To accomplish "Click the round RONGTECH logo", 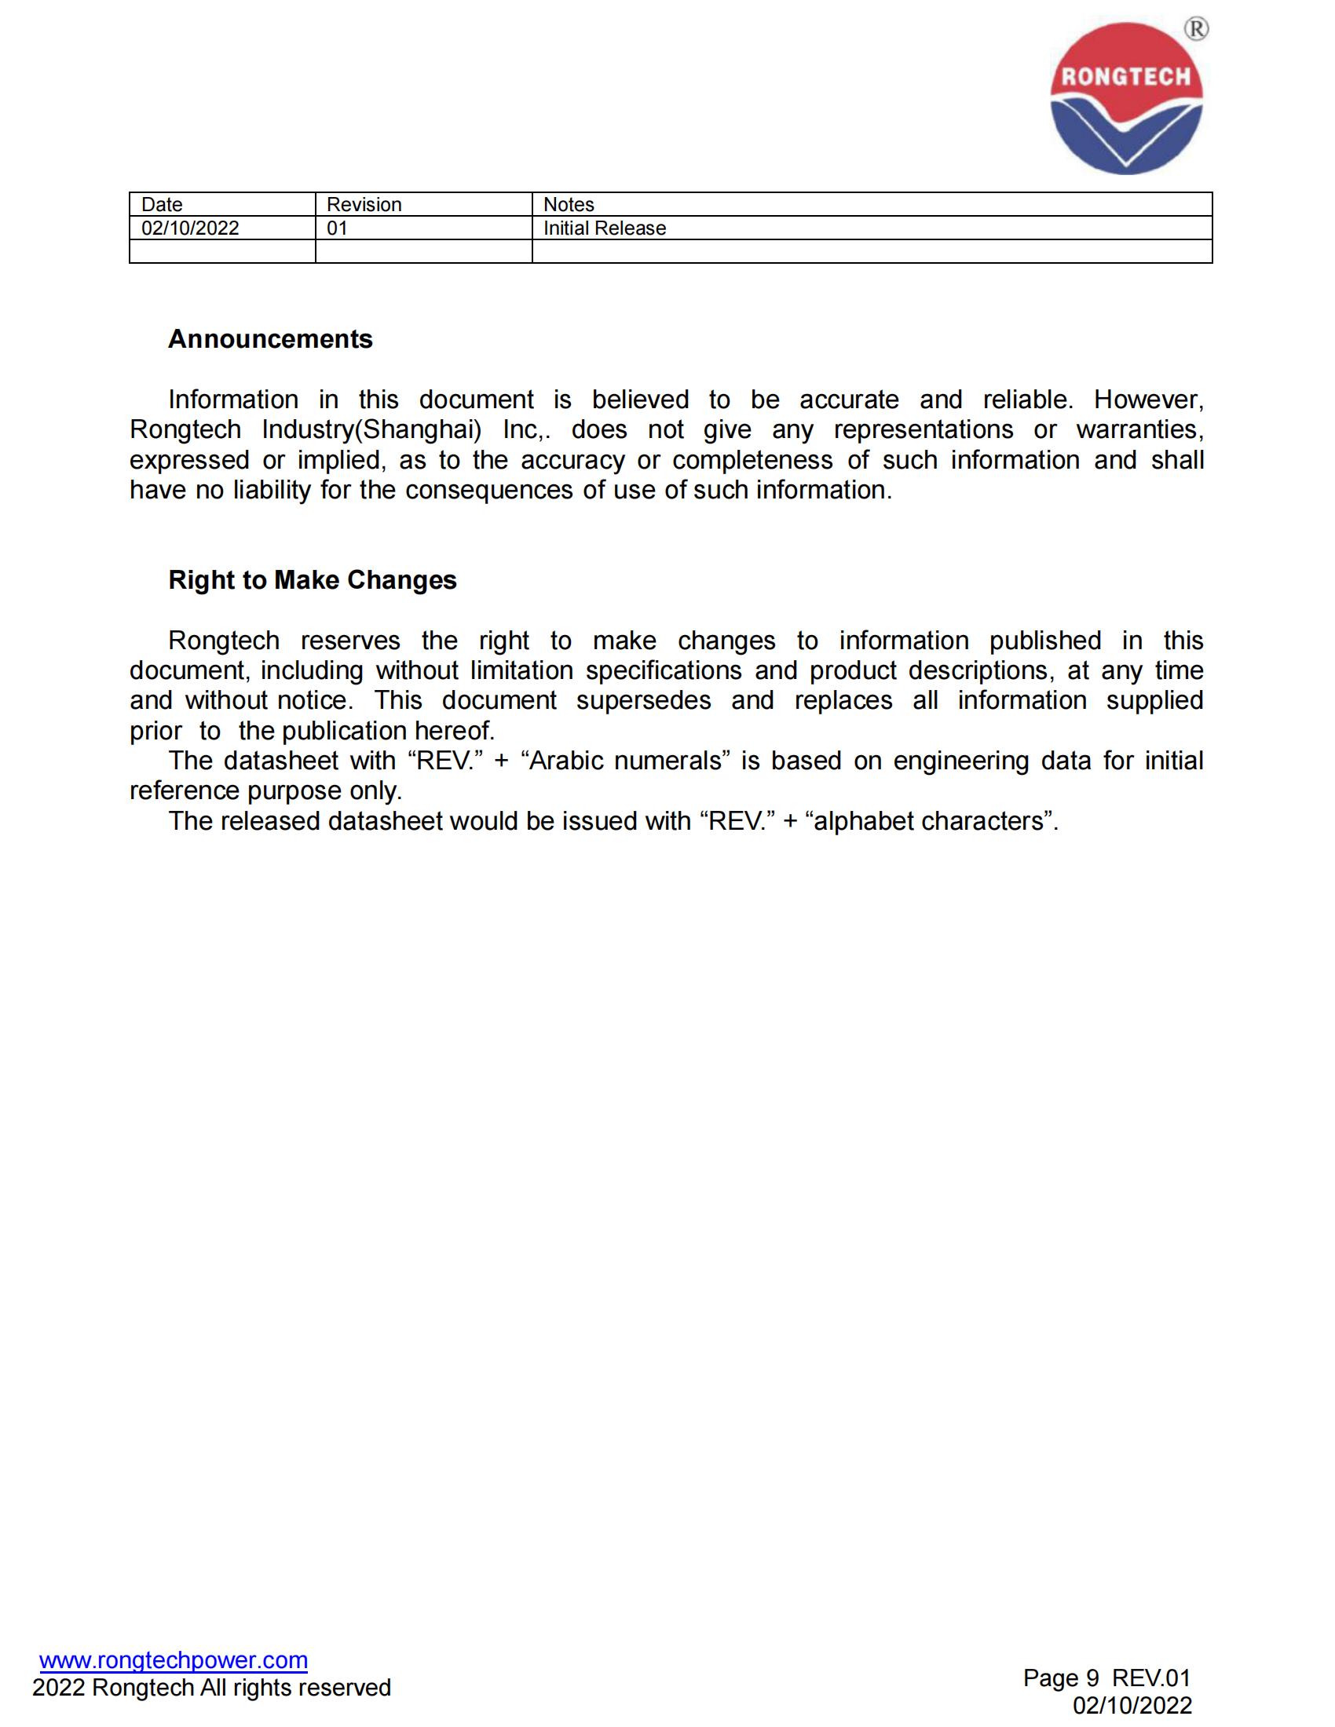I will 1125,98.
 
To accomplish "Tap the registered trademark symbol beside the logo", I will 1196,29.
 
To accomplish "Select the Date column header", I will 162,205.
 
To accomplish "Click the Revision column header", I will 364,205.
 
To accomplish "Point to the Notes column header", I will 569,205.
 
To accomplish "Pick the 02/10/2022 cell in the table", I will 190,228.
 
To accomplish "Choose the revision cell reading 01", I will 337,228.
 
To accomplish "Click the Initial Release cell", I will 604,228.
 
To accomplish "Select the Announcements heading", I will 269,339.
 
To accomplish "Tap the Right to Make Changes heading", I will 313,580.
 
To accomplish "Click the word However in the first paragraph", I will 1148,400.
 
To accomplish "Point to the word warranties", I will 1139,430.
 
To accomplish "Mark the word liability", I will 271,491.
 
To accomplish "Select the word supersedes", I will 644,700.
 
